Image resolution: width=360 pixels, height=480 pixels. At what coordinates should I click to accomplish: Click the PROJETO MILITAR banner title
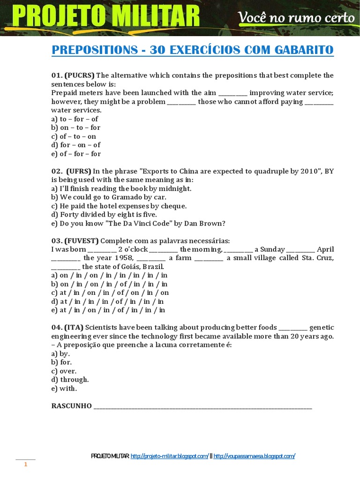(x=106, y=17)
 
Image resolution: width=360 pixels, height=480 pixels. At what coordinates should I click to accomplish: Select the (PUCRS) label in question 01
(x=80, y=75)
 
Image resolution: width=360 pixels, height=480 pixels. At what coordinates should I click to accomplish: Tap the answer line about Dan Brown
(x=138, y=224)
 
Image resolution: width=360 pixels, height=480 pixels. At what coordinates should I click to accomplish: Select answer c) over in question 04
(x=64, y=371)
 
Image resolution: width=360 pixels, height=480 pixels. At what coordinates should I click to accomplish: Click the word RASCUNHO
(x=71, y=406)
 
